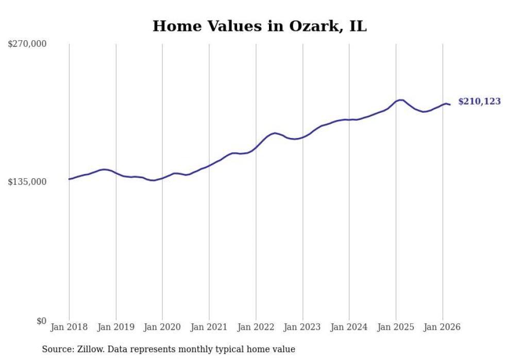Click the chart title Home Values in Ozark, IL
(260, 26)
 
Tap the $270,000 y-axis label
(27, 44)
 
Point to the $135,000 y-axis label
(27, 182)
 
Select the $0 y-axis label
(41, 321)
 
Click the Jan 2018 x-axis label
(69, 327)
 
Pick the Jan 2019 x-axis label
(116, 327)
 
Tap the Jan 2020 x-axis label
(162, 327)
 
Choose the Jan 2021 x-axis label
(209, 327)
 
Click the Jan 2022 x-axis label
(256, 327)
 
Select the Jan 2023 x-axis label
(302, 327)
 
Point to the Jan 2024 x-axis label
(349, 327)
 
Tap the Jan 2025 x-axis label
(396, 327)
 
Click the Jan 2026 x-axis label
(443, 327)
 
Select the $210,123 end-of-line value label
(479, 101)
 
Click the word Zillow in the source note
(88, 350)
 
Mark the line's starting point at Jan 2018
(69, 179)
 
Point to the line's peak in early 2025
(400, 100)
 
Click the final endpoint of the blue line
(450, 105)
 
